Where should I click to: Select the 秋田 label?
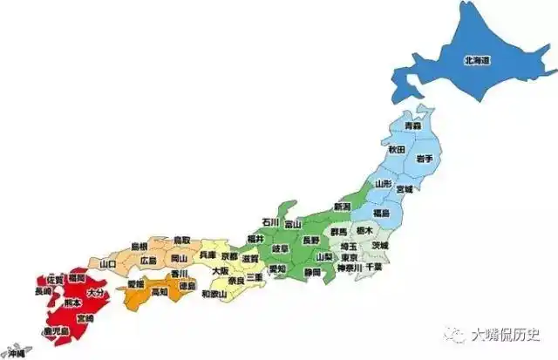396,150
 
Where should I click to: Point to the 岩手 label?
424,158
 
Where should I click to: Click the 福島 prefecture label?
382,212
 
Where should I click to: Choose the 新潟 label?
342,207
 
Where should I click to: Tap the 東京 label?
349,257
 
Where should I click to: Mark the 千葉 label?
375,268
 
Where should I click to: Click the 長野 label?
311,239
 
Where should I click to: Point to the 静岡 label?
312,273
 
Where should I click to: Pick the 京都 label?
229,256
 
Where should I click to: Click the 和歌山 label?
214,294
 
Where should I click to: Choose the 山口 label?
108,263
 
